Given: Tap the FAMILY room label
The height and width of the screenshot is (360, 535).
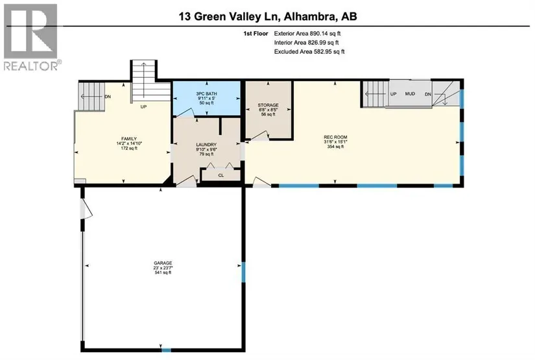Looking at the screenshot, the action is click(129, 139).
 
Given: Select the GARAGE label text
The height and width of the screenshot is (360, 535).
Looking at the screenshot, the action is click(163, 263).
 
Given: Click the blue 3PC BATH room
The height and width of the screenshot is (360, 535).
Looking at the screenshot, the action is click(207, 99).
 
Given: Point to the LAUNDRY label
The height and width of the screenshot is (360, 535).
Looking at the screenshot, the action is click(206, 145).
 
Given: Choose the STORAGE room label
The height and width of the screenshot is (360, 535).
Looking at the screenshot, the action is click(268, 105).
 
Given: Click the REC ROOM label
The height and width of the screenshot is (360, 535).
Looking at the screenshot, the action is click(335, 137).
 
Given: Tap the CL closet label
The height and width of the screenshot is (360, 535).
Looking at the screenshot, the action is click(221, 175).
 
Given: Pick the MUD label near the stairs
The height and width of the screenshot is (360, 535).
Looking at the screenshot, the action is click(410, 94).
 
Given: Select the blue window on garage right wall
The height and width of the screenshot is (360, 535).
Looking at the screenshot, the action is click(243, 272).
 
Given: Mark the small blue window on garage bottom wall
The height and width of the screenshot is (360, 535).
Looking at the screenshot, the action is click(166, 350).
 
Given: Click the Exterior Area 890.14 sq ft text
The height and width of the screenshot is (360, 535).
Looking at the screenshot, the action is click(307, 34).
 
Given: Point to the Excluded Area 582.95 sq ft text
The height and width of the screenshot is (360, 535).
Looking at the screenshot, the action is click(309, 51).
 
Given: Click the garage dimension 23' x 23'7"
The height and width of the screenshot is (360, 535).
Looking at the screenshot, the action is click(163, 268).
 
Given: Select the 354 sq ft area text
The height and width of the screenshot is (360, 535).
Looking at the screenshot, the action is click(335, 147).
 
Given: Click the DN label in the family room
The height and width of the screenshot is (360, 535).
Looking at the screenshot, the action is click(108, 97).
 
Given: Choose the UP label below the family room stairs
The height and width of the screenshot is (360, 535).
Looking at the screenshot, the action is click(144, 107).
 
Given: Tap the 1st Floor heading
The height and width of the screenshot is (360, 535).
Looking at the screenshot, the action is click(256, 34).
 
